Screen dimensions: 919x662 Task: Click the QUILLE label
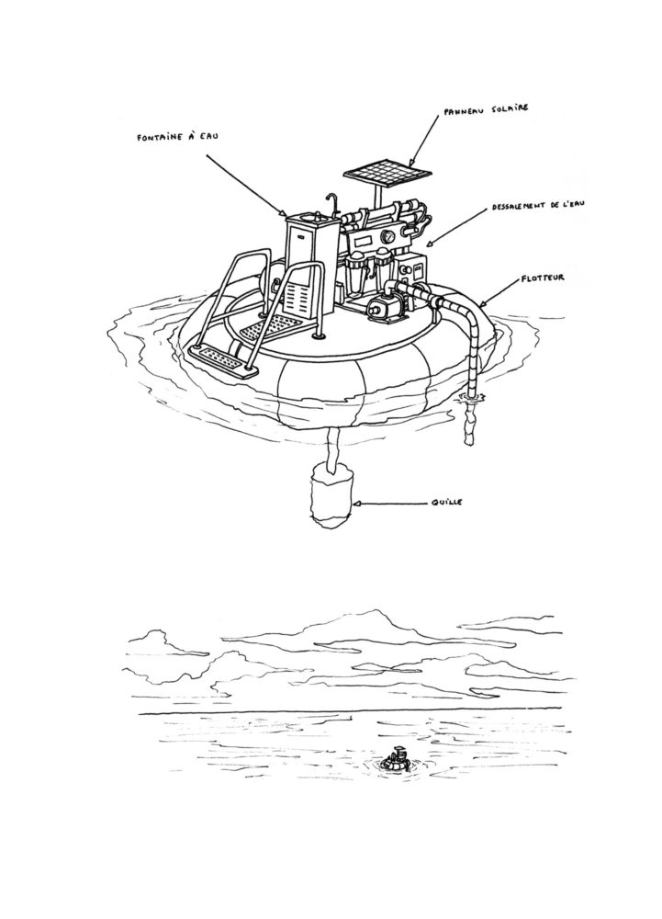coord(453,504)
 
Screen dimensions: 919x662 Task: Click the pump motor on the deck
coord(384,308)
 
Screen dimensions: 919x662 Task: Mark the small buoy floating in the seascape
coord(398,762)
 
